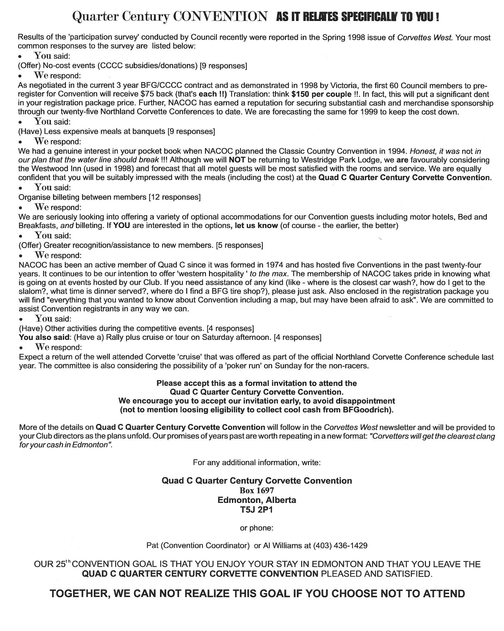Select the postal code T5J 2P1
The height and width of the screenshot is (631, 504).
click(257, 510)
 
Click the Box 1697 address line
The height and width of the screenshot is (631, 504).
click(257, 490)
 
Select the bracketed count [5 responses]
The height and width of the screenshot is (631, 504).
click(239, 245)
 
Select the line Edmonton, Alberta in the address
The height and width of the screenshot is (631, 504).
click(257, 500)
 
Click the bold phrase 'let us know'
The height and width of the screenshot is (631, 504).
click(256, 226)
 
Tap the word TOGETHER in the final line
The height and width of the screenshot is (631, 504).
click(79, 594)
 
